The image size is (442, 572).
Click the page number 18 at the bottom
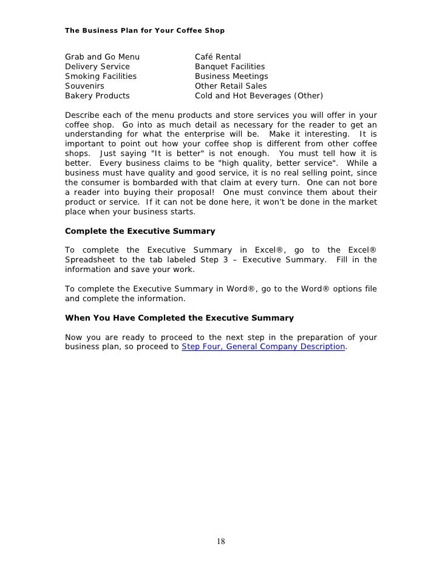pyautogui.click(x=221, y=542)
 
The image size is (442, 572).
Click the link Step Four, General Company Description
pyautogui.click(x=263, y=347)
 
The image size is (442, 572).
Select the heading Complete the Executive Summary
pyautogui.click(x=140, y=231)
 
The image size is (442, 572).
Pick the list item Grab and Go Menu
pyautogui.click(x=102, y=57)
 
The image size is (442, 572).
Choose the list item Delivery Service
pyautogui.click(x=97, y=67)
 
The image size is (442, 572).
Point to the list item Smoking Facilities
pyautogui.click(x=101, y=77)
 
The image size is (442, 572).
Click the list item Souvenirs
pyautogui.click(x=84, y=86)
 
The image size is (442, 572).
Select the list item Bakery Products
pyautogui.click(x=97, y=96)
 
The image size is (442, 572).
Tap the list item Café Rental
pyautogui.click(x=218, y=57)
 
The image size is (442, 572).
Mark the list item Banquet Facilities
pyautogui.click(x=229, y=67)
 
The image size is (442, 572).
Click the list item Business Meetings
pyautogui.click(x=231, y=77)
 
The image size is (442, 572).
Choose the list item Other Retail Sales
pyautogui.click(x=231, y=86)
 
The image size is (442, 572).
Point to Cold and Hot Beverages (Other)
pyautogui.click(x=259, y=96)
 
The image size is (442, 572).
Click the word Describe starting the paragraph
pyautogui.click(x=83, y=115)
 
